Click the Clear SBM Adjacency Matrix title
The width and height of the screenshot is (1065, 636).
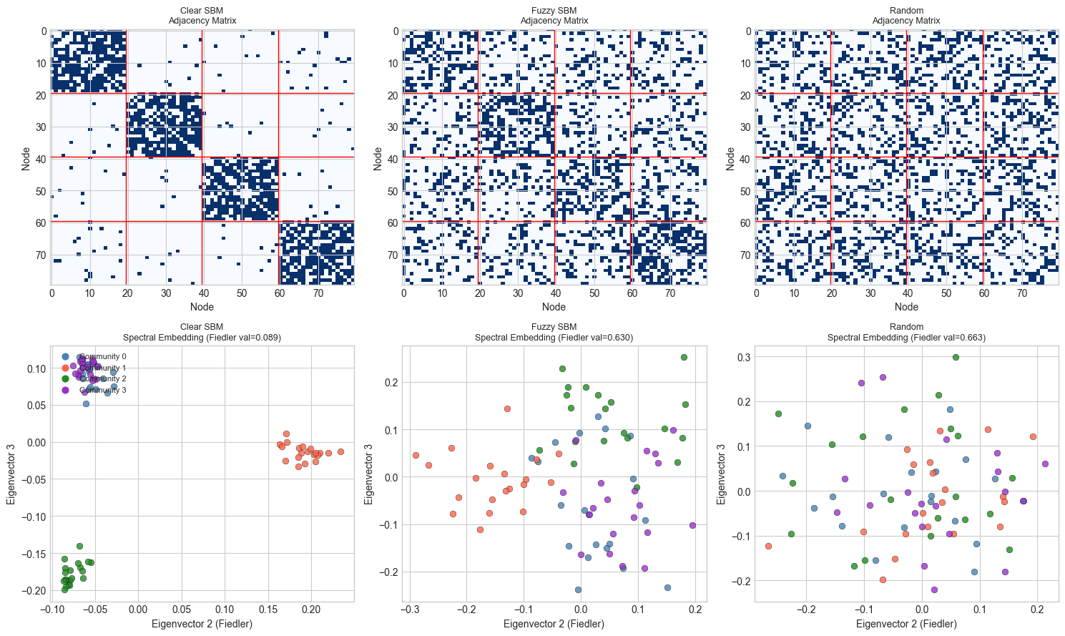(x=202, y=16)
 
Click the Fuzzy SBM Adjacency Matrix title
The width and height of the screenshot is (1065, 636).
(x=554, y=16)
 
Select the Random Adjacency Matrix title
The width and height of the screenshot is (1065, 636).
(x=906, y=16)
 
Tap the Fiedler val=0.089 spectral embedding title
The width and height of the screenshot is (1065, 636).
(x=202, y=332)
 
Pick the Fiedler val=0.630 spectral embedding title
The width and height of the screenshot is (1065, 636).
(x=554, y=332)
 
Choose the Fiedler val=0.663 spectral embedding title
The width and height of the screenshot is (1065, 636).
(x=906, y=332)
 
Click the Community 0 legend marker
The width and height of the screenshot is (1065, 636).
(x=66, y=356)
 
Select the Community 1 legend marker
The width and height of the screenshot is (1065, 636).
(x=66, y=368)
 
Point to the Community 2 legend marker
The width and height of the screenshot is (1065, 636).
(x=66, y=378)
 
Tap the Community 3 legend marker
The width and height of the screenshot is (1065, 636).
(x=66, y=390)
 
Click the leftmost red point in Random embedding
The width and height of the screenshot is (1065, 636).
(x=768, y=546)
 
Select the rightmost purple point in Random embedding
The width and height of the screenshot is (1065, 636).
(x=1045, y=464)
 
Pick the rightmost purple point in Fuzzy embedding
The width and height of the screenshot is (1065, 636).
(x=692, y=525)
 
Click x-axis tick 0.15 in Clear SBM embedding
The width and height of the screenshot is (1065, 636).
(x=268, y=610)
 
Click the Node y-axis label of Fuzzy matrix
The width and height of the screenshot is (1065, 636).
(x=378, y=158)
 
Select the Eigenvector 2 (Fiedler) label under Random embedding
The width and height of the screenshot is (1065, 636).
(x=906, y=624)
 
